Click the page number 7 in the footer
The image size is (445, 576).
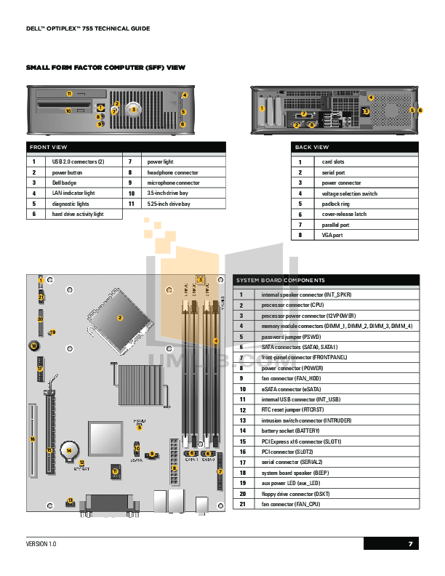(x=410, y=544)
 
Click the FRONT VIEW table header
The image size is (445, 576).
(x=48, y=147)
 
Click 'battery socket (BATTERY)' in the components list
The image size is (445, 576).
(x=291, y=431)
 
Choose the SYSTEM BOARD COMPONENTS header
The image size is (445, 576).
(x=280, y=280)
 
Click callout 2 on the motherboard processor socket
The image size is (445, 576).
(x=120, y=318)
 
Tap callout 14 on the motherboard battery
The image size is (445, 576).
(x=68, y=451)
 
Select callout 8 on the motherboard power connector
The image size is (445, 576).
(x=175, y=468)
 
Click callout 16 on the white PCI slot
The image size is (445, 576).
(x=33, y=439)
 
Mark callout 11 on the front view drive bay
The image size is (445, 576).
(x=69, y=94)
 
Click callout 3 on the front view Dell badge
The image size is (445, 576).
(x=133, y=109)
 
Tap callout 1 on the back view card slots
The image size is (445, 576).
(x=261, y=109)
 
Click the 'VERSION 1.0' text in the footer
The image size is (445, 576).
(x=41, y=544)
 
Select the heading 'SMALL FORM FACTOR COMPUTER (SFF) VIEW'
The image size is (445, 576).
(x=105, y=67)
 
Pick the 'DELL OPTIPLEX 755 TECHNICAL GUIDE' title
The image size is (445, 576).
(x=88, y=28)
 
